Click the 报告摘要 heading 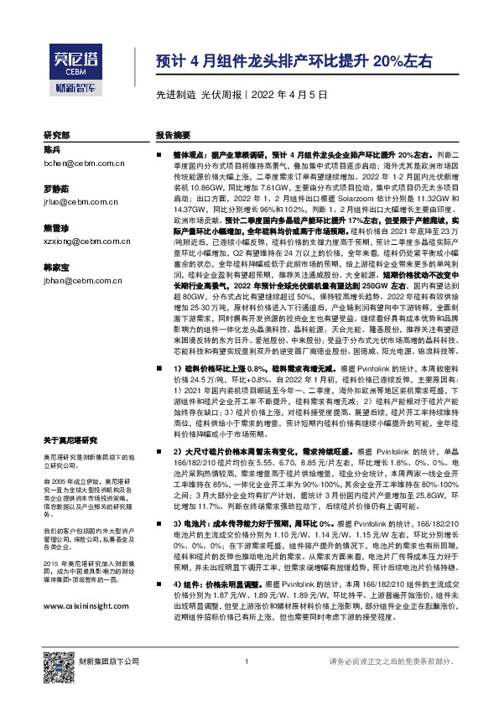173,135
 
